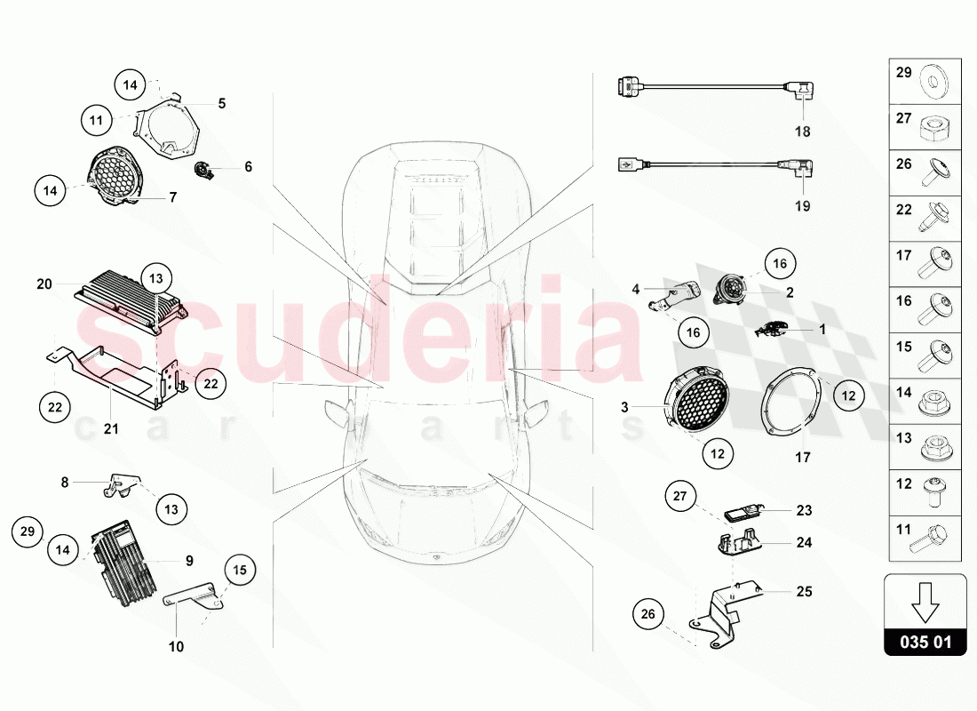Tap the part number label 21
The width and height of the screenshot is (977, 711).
(111, 429)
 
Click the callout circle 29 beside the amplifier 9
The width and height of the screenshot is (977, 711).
(28, 531)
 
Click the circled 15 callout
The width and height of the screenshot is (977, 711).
(240, 570)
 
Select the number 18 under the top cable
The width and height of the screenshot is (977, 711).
(803, 132)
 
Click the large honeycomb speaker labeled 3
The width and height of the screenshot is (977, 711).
(696, 404)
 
